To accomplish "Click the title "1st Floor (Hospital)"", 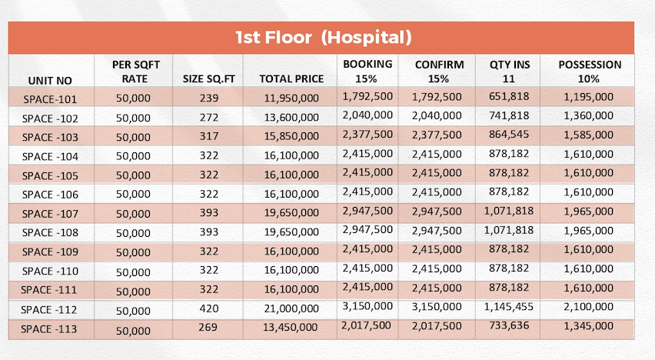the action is click(x=324, y=37).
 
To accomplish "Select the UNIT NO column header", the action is click(x=50, y=80).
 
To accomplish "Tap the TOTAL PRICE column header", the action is click(x=291, y=78).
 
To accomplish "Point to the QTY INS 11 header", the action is click(x=510, y=72).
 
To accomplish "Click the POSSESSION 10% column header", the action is click(x=590, y=72).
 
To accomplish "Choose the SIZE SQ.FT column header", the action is click(x=209, y=79).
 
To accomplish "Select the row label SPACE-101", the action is click(x=50, y=99).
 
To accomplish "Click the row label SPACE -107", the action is click(x=50, y=214).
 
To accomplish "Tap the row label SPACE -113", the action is click(x=49, y=329).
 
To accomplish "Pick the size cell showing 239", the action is click(x=209, y=98).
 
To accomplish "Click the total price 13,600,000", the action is click(x=291, y=118).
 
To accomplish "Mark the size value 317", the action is click(x=209, y=136).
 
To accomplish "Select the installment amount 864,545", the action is click(x=509, y=135).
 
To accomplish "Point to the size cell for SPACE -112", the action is click(x=209, y=308).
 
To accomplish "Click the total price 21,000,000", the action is click(x=291, y=308).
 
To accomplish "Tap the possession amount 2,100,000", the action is click(x=589, y=307).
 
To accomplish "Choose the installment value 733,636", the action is click(x=509, y=325).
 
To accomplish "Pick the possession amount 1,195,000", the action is click(x=589, y=97).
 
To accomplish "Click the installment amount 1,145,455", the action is click(x=509, y=307).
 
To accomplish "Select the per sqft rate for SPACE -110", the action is click(x=133, y=272).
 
